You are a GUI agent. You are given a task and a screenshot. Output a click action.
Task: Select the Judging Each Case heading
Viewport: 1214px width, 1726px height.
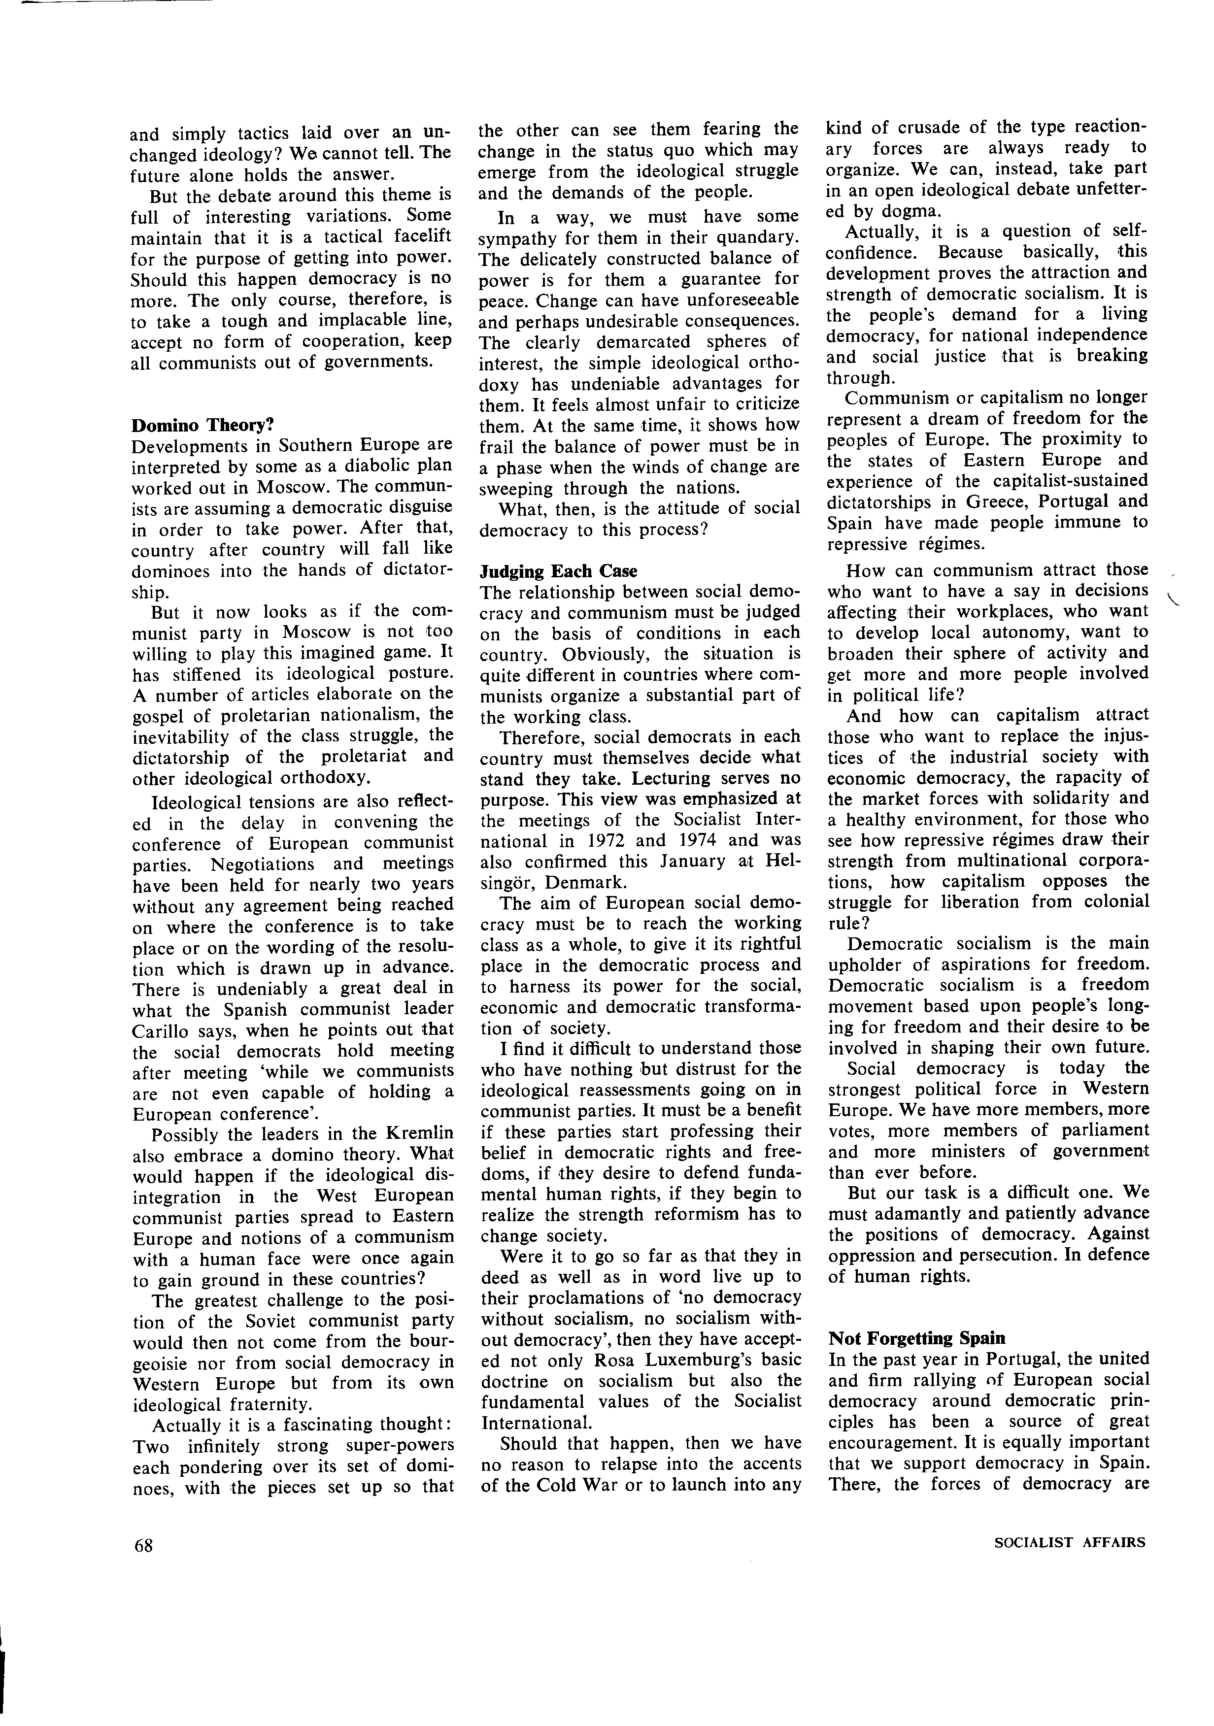point(559,571)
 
